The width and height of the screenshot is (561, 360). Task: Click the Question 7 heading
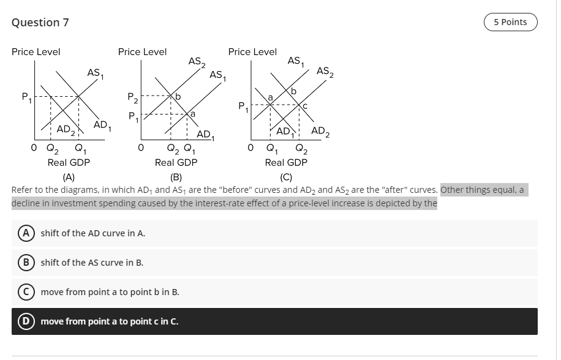[40, 23]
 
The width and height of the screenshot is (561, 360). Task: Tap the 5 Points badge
[510, 22]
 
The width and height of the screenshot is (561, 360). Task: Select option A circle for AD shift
[26, 233]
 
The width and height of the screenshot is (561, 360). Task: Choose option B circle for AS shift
[26, 263]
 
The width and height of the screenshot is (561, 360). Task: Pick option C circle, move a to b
[26, 292]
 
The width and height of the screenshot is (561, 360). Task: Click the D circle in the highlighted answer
[26, 321]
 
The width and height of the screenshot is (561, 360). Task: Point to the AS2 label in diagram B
[197, 61]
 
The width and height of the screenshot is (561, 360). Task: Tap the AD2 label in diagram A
[66, 130]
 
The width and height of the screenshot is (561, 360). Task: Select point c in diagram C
[304, 105]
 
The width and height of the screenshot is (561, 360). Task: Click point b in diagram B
[178, 97]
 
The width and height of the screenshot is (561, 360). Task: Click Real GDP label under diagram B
[176, 162]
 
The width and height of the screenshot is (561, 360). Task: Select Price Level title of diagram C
[252, 52]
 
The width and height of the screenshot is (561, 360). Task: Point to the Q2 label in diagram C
[301, 148]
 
